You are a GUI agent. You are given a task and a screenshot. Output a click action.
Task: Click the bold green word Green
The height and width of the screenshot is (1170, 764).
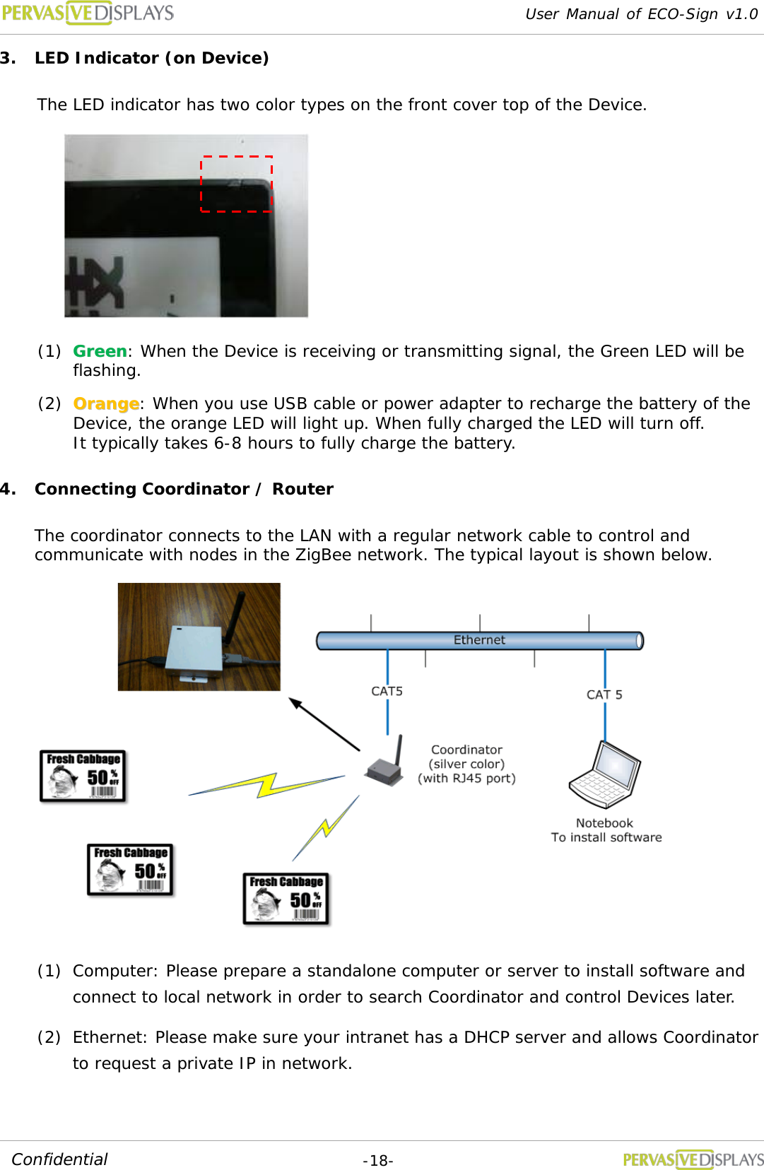[x=100, y=351]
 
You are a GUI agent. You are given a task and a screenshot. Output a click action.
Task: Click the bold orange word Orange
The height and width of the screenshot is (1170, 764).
[x=106, y=403]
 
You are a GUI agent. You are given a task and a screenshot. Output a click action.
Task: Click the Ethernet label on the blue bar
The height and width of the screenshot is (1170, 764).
[x=479, y=640]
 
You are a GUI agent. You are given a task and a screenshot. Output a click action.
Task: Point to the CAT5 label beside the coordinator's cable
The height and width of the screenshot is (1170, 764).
[x=387, y=691]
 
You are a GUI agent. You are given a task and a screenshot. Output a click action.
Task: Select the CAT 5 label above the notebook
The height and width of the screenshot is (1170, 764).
[x=604, y=695]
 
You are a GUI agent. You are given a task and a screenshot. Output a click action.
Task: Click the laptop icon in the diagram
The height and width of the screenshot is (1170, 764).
[x=605, y=776]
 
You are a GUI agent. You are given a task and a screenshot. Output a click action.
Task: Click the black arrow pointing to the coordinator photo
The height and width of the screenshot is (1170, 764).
[x=324, y=724]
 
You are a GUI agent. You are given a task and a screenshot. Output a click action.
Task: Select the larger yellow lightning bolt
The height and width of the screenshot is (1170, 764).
[x=266, y=784]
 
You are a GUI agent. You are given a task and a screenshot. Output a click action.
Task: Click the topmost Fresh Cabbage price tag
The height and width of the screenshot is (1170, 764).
[x=83, y=776]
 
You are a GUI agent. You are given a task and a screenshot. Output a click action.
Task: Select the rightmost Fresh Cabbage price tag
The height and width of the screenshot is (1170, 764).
[x=286, y=899]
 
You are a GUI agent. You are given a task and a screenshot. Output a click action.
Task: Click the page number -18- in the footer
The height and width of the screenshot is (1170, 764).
[x=377, y=1160]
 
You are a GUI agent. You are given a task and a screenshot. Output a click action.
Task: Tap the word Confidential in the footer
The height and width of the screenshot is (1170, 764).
[x=59, y=1159]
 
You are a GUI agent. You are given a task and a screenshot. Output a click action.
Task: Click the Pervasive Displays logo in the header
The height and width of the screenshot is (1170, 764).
[x=88, y=13]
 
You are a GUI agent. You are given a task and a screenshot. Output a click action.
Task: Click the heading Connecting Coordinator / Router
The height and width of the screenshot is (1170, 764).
[x=184, y=489]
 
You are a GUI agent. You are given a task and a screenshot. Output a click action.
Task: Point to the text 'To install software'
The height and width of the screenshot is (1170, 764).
[x=606, y=837]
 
